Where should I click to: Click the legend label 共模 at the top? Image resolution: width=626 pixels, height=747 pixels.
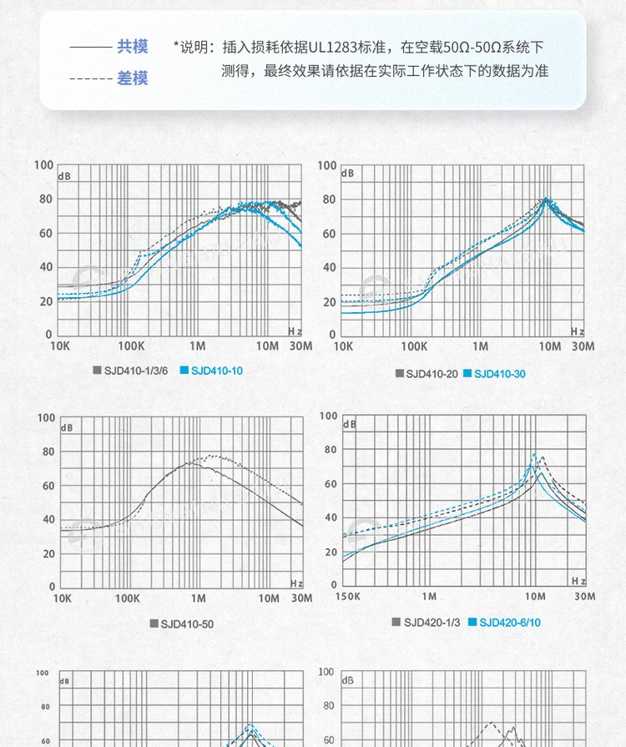click(132, 47)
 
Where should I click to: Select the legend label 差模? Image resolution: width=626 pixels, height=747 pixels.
click(132, 78)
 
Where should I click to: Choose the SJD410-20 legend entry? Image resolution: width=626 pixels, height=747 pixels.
click(432, 374)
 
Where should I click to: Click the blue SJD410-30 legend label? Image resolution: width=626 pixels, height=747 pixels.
click(500, 374)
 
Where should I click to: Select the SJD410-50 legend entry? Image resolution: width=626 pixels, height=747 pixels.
click(187, 623)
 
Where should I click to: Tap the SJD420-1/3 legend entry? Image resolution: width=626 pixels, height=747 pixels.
click(432, 622)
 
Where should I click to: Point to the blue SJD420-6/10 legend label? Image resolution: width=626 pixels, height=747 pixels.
click(510, 622)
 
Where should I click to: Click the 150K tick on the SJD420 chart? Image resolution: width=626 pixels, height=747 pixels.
click(348, 596)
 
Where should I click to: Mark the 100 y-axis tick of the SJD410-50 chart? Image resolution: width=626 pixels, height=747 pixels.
click(44, 418)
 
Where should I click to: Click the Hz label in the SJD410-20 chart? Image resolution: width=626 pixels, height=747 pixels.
click(578, 331)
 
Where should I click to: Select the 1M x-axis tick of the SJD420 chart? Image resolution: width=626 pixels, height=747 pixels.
click(429, 596)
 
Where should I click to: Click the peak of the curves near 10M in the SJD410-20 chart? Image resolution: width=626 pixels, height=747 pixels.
click(547, 199)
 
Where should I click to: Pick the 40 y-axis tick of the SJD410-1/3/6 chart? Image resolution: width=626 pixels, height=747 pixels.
click(44, 266)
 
